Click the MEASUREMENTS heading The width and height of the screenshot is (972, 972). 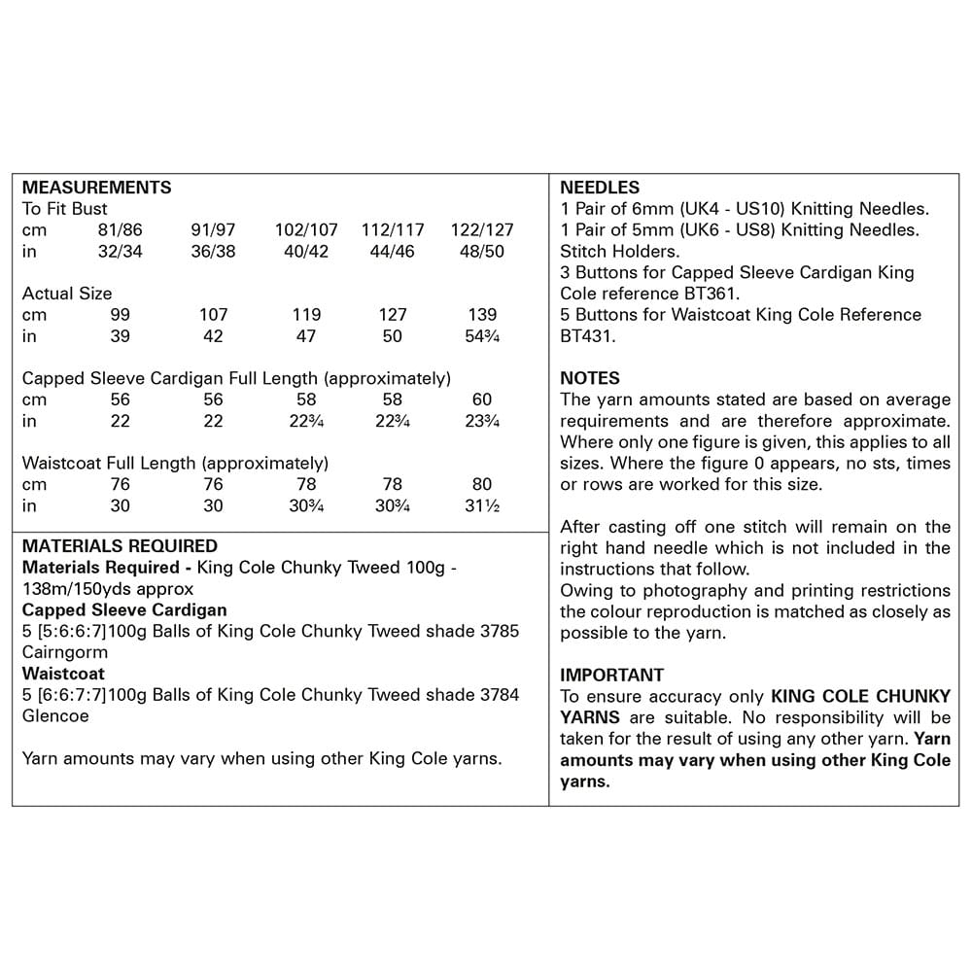[x=96, y=188]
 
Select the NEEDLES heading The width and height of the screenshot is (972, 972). [x=600, y=188]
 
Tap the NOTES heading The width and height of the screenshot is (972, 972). [x=590, y=378]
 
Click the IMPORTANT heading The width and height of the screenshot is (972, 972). [x=612, y=675]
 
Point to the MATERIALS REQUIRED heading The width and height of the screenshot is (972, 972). [x=120, y=546]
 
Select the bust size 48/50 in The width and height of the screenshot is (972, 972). [x=482, y=252]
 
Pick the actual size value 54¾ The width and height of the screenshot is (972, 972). [x=482, y=336]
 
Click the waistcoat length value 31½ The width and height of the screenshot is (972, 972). [x=482, y=505]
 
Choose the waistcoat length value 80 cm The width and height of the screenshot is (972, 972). [x=482, y=484]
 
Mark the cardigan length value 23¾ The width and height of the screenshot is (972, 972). [x=482, y=421]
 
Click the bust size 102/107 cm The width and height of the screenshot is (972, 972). [x=306, y=230]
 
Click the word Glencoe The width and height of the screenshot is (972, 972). [x=54, y=715]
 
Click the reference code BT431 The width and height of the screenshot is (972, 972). [x=588, y=336]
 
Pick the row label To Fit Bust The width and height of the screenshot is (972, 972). [x=64, y=209]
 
